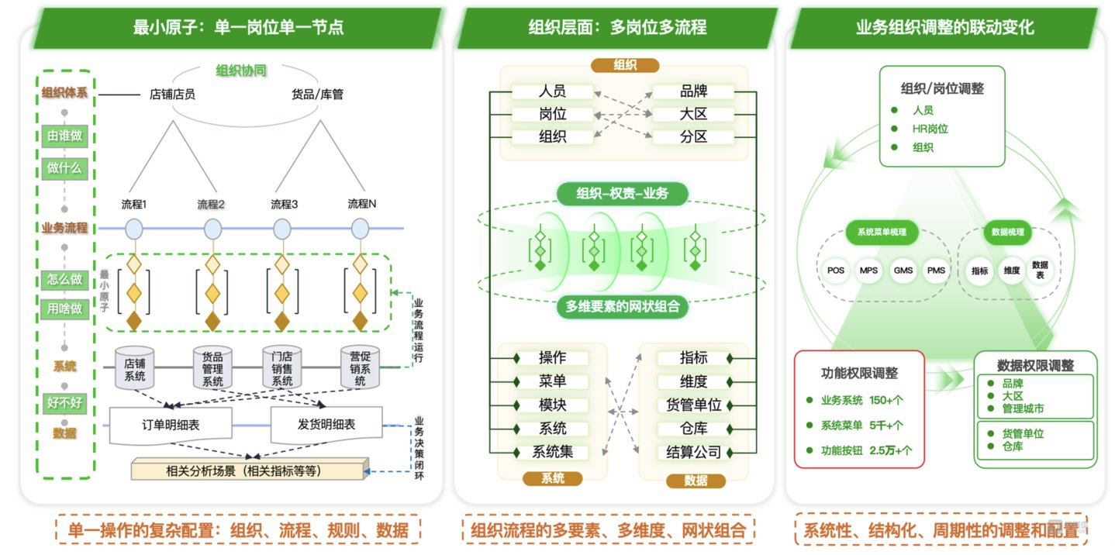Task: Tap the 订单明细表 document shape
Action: [171, 424]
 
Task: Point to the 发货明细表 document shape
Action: [326, 424]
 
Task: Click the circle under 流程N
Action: [360, 229]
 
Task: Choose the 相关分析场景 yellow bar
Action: [248, 470]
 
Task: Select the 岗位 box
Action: [552, 114]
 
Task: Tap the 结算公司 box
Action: [693, 452]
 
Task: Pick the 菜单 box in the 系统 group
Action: [552, 381]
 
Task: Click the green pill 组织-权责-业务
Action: [622, 194]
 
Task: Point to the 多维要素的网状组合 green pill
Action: [622, 306]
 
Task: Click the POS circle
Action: [835, 271]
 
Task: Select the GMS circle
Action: [903, 271]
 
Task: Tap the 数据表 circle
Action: [1040, 271]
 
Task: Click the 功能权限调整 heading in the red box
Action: [859, 373]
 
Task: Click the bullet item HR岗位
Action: [930, 129]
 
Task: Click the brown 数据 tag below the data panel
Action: [696, 481]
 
